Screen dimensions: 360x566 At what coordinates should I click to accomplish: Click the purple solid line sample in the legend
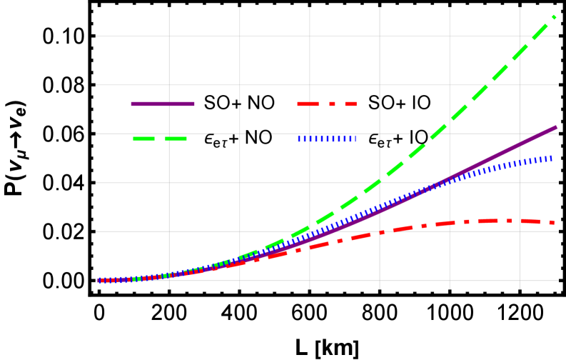(x=163, y=104)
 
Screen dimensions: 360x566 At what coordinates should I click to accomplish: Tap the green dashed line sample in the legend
(x=160, y=139)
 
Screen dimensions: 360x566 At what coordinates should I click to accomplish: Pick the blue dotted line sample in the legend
(x=327, y=139)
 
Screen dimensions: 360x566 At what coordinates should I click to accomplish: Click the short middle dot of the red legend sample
(x=332, y=104)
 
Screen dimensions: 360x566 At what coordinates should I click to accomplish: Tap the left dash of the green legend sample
(x=143, y=139)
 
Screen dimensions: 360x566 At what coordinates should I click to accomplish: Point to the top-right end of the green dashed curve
(x=554, y=16)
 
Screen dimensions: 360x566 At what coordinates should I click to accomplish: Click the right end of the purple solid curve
(x=555, y=128)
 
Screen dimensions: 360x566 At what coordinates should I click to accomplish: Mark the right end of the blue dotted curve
(x=551, y=157)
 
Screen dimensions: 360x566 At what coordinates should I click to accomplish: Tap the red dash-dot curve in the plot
(x=428, y=226)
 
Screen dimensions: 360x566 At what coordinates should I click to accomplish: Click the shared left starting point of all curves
(x=99, y=281)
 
